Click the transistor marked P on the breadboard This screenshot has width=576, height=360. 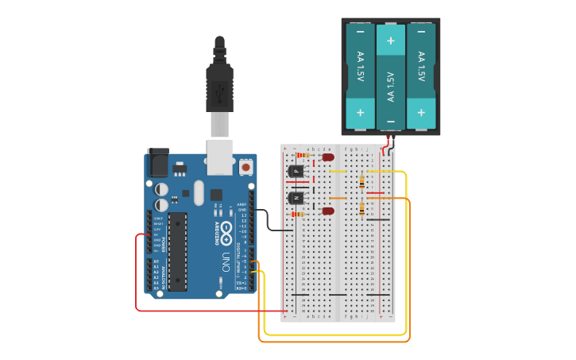pyautogui.click(x=296, y=171)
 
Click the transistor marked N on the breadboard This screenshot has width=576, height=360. pyautogui.click(x=296, y=197)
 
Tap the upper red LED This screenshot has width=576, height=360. pyautogui.click(x=328, y=157)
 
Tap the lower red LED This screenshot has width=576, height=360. pyautogui.click(x=327, y=211)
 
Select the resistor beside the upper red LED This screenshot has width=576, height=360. pyautogui.click(x=302, y=156)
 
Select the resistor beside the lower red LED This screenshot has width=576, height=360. pyautogui.click(x=298, y=214)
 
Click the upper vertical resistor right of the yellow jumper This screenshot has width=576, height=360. pyautogui.click(x=363, y=182)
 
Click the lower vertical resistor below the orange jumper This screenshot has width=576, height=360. pyautogui.click(x=363, y=208)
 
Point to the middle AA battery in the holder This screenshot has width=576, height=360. pyautogui.click(x=390, y=76)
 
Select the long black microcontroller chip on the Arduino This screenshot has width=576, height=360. pyautogui.click(x=177, y=251)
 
